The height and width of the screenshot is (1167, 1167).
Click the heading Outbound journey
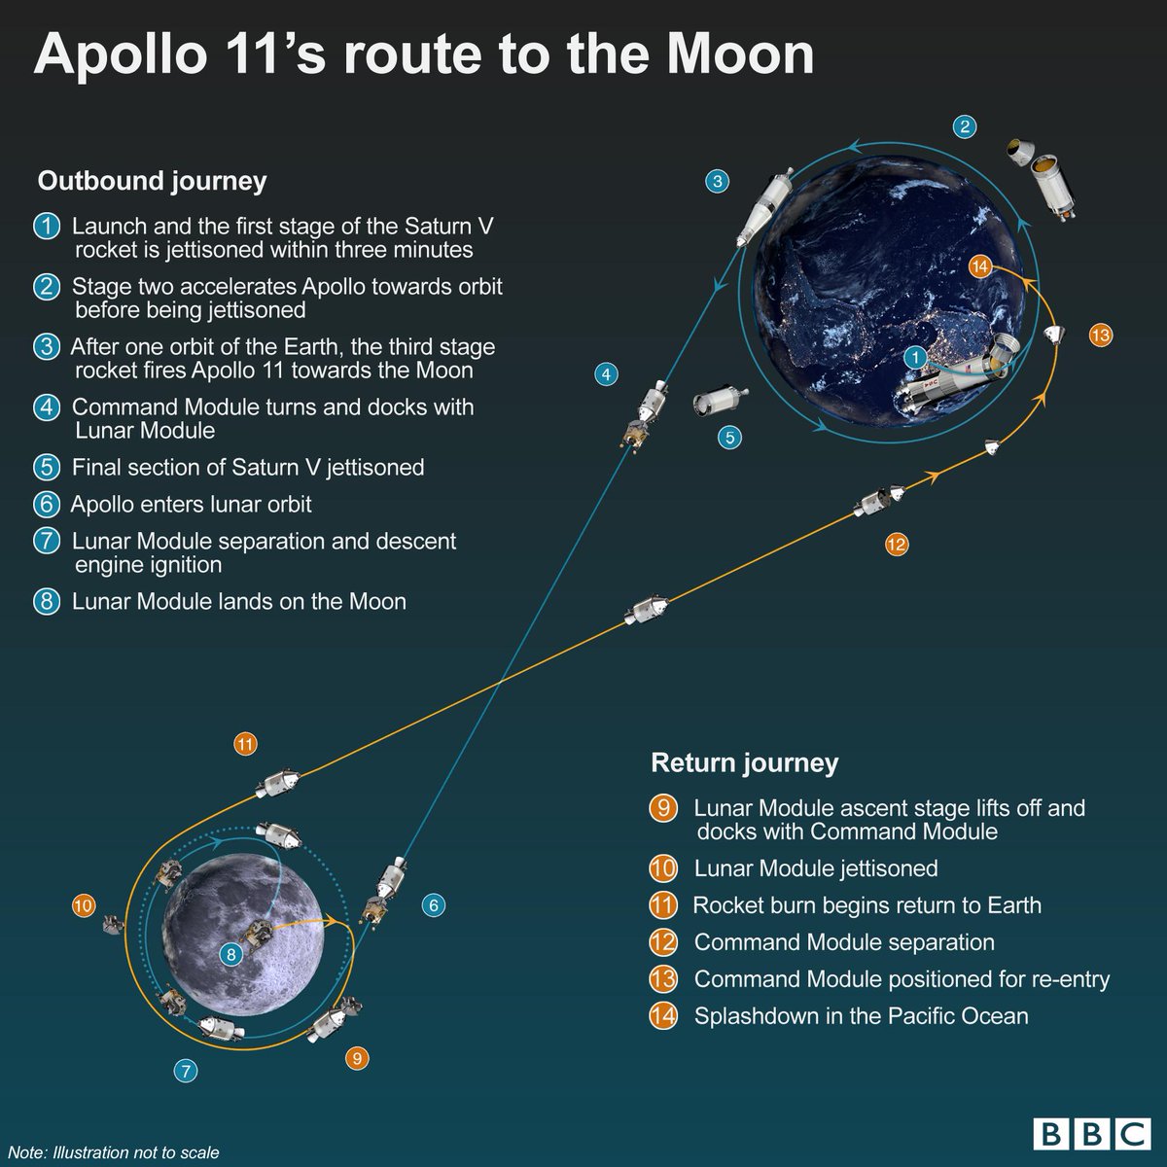pos(152,181)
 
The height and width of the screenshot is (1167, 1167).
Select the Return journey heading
pos(744,763)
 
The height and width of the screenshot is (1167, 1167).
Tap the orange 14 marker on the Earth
pos(980,266)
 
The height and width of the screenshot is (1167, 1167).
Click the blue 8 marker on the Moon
pos(230,954)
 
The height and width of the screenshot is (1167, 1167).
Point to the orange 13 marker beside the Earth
pos(1100,336)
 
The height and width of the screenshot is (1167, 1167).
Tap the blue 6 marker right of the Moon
pos(434,905)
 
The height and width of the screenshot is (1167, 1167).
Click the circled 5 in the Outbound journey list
pos(47,468)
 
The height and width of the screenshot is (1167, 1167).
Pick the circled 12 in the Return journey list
pos(663,942)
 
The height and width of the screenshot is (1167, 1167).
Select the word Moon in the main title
pos(741,55)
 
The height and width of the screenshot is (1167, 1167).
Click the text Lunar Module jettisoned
pos(815,868)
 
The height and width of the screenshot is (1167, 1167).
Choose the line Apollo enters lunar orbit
pos(191,505)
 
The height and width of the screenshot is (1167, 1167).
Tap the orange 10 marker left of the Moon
pos(84,906)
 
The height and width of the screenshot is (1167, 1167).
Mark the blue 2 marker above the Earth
pos(964,126)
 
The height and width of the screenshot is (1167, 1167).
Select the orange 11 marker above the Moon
pos(245,745)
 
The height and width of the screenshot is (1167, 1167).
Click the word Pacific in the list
pos(924,1016)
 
